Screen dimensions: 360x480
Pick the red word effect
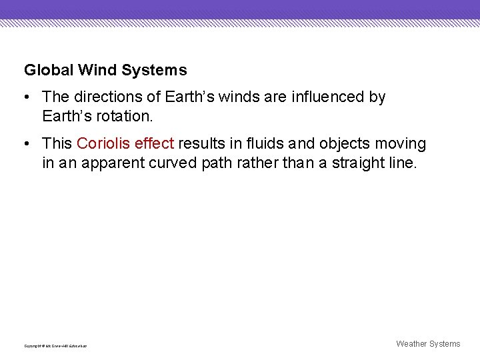154,144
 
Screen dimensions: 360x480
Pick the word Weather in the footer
412,344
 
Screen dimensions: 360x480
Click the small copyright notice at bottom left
55,346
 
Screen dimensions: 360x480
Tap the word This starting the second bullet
57,144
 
